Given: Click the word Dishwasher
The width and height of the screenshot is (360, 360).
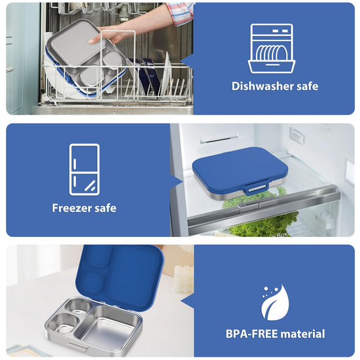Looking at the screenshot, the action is click(262, 86).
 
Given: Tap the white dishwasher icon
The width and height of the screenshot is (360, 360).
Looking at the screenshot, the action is click(272, 48).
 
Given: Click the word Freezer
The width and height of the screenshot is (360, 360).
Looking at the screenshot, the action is click(70, 208).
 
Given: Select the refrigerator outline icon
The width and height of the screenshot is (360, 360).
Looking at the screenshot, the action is click(84, 170).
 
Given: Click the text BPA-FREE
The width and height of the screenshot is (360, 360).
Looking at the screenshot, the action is click(251, 334).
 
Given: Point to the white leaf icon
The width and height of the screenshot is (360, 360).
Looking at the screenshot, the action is click(275, 302).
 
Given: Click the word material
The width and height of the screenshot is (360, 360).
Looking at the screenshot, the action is click(302, 334).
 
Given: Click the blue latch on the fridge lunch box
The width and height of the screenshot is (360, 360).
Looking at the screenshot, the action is click(256, 188).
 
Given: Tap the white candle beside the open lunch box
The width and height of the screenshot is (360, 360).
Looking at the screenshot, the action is click(184, 279).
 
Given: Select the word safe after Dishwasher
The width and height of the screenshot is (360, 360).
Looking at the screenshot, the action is click(307, 86).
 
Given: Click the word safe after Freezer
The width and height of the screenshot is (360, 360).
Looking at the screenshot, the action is click(105, 208).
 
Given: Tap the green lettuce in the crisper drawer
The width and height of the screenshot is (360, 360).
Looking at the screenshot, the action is click(263, 223).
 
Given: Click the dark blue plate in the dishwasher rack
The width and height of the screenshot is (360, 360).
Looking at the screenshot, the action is click(151, 76).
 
